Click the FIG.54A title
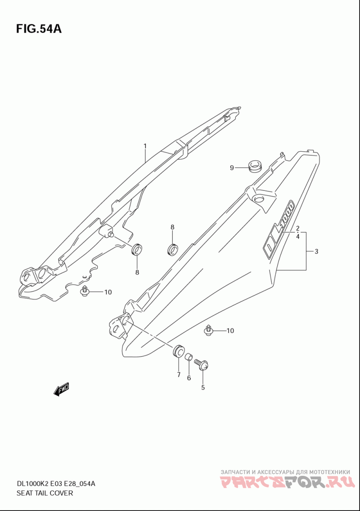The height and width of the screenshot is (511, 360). pyautogui.click(x=39, y=29)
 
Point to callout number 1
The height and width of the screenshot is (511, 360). pyautogui.click(x=145, y=146)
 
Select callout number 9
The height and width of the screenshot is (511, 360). pyautogui.click(x=232, y=168)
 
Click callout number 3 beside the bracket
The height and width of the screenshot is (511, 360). pyautogui.click(x=316, y=251)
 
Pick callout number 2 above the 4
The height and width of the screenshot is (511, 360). pyautogui.click(x=297, y=228)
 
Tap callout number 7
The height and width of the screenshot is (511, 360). pyautogui.click(x=179, y=375)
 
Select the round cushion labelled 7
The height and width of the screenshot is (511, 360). pyautogui.click(x=178, y=351)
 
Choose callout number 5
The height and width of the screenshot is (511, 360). pyautogui.click(x=202, y=388)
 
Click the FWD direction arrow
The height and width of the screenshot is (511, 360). pyautogui.click(x=61, y=389)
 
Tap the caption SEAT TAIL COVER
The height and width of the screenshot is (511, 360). pyautogui.click(x=45, y=493)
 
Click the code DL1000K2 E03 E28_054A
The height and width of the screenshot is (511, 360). pyautogui.click(x=56, y=483)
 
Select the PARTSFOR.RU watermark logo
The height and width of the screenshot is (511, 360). pyautogui.click(x=287, y=482)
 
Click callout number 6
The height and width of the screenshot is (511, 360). pyautogui.click(x=189, y=378)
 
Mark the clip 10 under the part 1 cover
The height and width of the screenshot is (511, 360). pyautogui.click(x=85, y=291)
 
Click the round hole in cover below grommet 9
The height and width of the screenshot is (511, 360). pyautogui.click(x=260, y=199)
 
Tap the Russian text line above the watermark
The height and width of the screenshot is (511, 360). pyautogui.click(x=285, y=472)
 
